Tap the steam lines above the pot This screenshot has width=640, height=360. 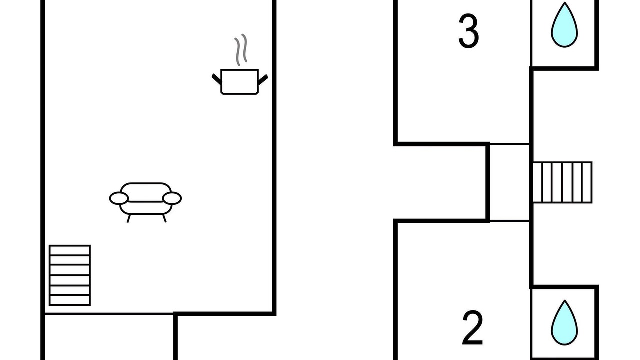point(241,50)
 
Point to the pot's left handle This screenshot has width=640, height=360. point(216,79)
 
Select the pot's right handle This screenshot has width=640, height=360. point(263,79)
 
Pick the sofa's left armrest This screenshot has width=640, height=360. point(119,198)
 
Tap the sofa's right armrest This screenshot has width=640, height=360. point(172,198)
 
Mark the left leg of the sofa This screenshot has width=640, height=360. point(129,218)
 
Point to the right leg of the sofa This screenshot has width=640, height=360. point(164,218)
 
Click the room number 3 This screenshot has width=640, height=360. point(468,31)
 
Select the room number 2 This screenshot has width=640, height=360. point(472,328)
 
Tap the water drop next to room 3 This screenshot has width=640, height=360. point(564,25)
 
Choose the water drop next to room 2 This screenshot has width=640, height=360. point(564,323)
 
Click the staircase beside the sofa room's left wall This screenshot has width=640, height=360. point(70,275)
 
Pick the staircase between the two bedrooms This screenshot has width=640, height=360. point(562,182)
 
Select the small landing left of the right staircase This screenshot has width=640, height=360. point(509,183)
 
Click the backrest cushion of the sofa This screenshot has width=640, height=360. point(146,192)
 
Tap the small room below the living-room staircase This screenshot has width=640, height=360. point(109,337)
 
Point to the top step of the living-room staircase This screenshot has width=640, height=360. point(70,250)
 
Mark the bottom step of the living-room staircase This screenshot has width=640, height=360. point(70,300)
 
